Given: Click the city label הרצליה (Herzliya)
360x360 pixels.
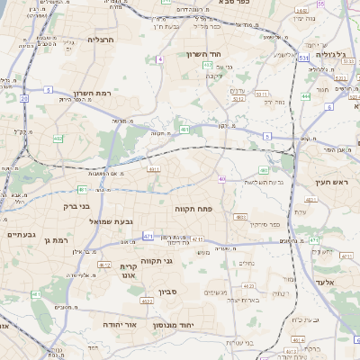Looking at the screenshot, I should [x=99, y=40].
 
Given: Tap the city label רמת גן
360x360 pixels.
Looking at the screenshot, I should [x=55, y=240].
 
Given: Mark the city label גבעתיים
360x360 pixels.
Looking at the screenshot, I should [x=20, y=234].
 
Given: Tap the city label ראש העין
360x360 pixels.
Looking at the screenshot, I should [x=330, y=183].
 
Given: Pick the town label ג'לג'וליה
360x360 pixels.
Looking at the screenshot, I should [x=326, y=55].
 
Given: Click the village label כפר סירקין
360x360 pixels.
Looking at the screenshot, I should [x=264, y=224].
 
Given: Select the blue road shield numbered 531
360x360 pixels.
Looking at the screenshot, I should [x=304, y=58].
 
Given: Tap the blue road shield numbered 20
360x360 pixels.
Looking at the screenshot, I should [x=23, y=98].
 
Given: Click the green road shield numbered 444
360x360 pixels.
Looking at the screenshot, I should [x=306, y=94].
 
